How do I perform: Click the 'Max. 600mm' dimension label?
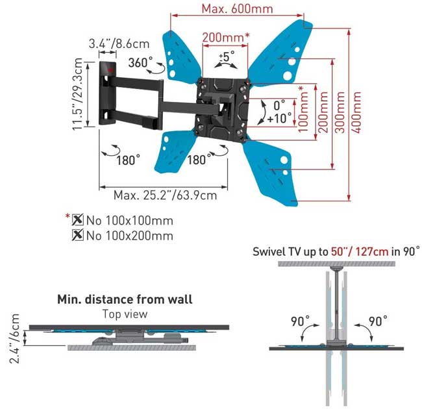coord(237,8)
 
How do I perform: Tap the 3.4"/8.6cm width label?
coord(119,43)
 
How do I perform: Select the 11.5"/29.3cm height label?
coord(77,94)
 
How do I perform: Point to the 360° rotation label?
coord(140,62)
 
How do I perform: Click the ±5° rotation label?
coord(227,56)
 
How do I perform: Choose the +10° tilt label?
coord(280,118)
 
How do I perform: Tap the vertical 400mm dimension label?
coord(356,112)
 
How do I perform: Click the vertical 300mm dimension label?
coord(340,112)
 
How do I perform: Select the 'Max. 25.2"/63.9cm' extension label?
coord(165,195)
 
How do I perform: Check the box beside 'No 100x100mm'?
coord(77,220)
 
